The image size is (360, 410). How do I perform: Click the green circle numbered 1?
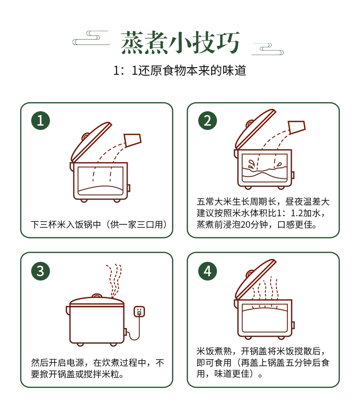coord(41,120)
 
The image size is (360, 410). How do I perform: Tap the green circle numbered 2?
coord(207,120)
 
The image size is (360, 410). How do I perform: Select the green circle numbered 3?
coord(41,271)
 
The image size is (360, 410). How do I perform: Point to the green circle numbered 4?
coord(207,271)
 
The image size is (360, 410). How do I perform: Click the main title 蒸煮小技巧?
coord(180,42)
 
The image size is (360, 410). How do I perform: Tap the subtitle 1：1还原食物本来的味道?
coord(180,70)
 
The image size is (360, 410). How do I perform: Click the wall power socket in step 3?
coord(139,311)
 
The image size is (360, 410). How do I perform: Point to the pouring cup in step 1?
coord(133,141)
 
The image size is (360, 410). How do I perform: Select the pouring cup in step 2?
coord(297,128)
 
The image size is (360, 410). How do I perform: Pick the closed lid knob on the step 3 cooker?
coord(96,296)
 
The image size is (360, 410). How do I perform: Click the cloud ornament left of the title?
coord(91,38)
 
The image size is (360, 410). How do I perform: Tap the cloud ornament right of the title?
coord(267,49)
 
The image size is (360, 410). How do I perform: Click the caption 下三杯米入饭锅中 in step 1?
coord(66,224)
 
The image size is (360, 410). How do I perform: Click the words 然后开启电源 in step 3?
coord(57,363)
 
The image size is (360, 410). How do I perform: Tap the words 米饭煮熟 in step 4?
coord(214,351)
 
